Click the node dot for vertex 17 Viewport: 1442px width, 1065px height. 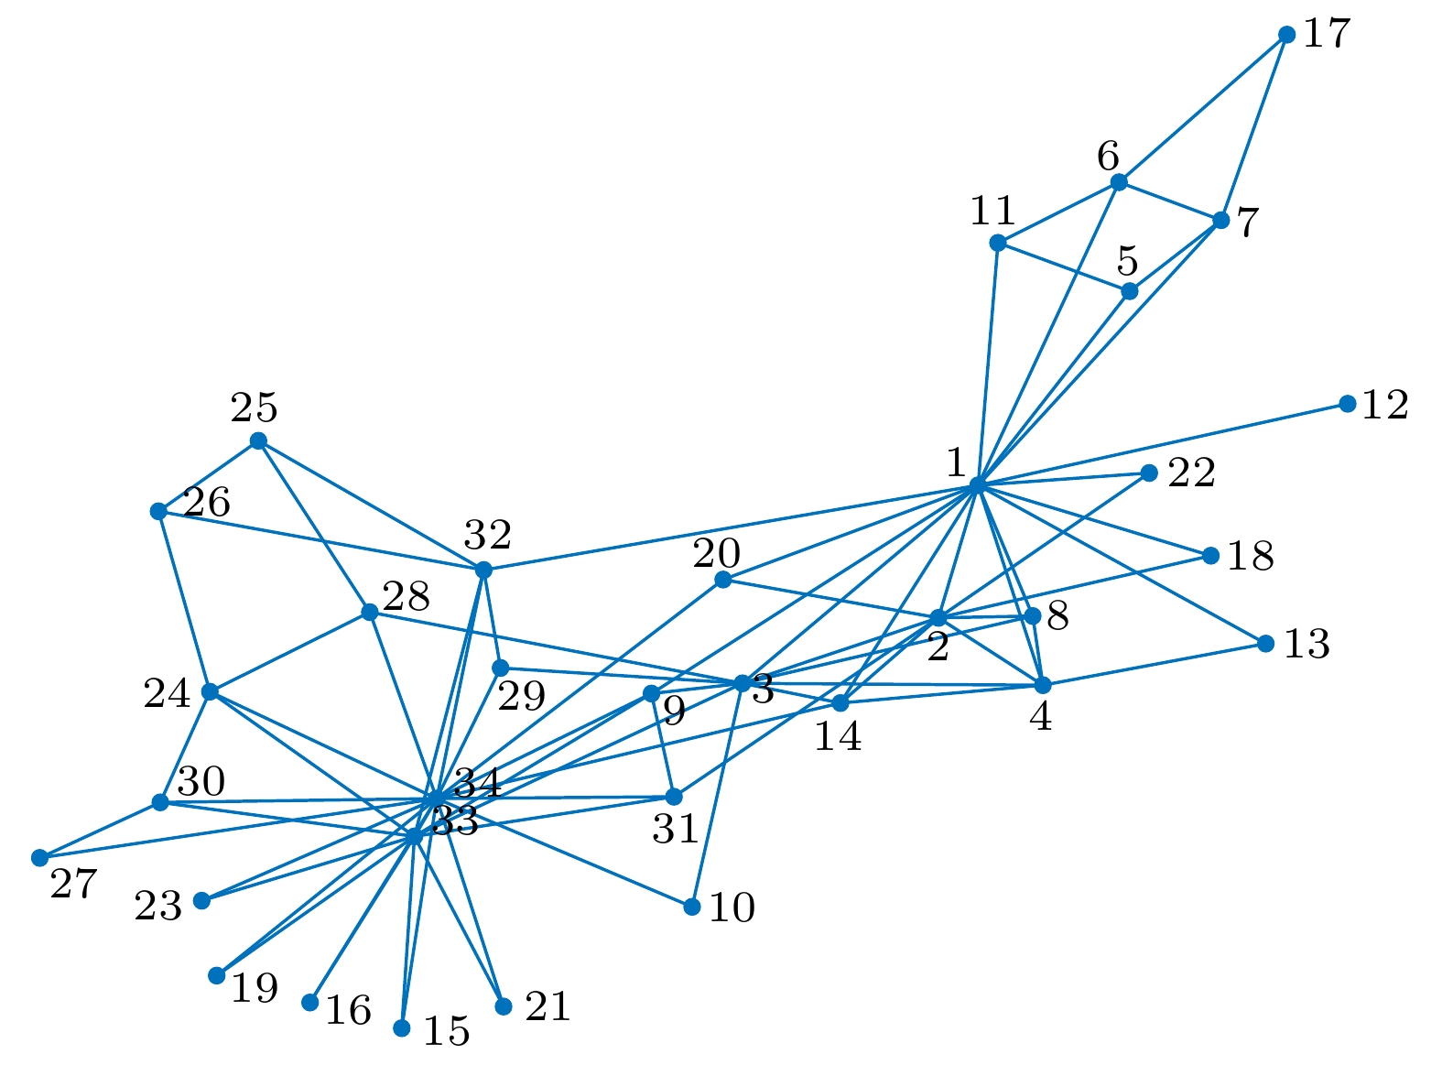[x=1286, y=35]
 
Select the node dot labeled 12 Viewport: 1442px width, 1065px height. [x=1347, y=404]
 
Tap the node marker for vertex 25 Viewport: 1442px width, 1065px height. [x=258, y=440]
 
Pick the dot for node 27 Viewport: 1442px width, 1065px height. [x=39, y=858]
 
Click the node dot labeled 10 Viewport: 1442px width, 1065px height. [x=692, y=907]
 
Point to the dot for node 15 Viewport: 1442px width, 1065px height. [x=401, y=1028]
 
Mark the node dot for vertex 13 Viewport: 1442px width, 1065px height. [x=1265, y=644]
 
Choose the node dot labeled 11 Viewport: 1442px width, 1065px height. [x=998, y=243]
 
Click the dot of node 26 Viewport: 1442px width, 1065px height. [x=158, y=511]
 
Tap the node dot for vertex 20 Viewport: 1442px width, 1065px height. [x=722, y=580]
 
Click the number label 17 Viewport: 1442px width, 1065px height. [x=1327, y=35]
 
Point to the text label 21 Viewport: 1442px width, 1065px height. [x=548, y=1007]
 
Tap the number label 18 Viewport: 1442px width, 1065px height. [x=1250, y=557]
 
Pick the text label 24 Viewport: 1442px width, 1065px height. [x=167, y=695]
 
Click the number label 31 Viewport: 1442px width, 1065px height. [x=676, y=830]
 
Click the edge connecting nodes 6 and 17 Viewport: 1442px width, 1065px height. [x=1202, y=109]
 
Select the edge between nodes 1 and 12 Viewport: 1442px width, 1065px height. [x=1163, y=444]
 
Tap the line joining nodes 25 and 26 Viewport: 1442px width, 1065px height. [x=209, y=476]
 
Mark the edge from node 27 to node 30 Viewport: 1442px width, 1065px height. [x=100, y=831]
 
